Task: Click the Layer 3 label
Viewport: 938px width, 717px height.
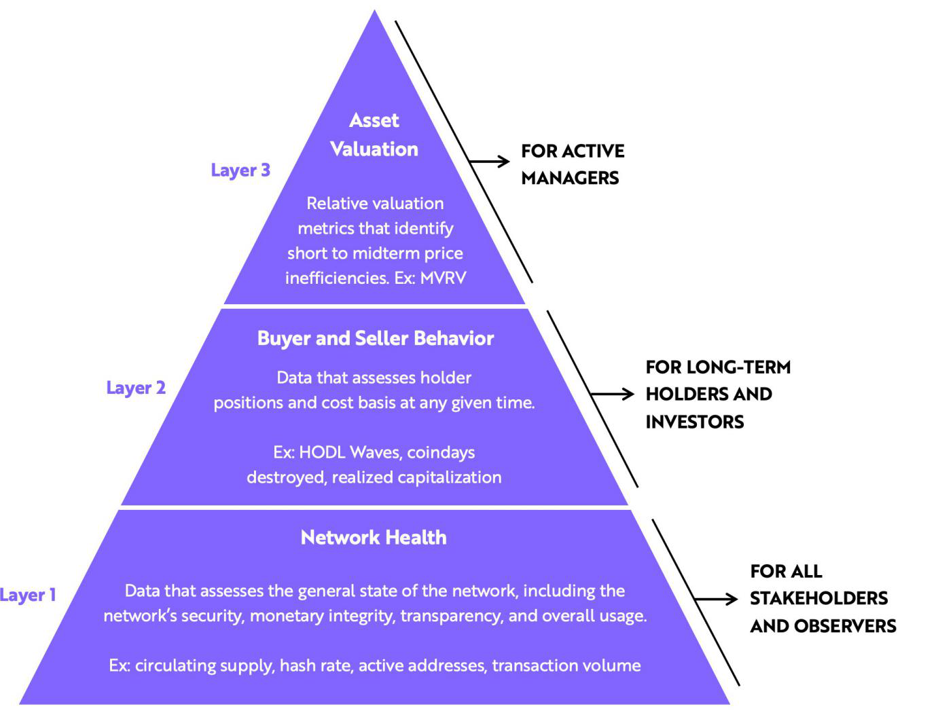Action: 240,170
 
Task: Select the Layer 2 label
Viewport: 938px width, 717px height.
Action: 136,388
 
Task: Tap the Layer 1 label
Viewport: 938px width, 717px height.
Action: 28,595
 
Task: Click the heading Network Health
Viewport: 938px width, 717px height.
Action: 374,538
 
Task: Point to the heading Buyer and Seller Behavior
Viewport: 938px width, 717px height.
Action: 375,338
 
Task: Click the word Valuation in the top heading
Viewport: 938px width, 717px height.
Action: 374,149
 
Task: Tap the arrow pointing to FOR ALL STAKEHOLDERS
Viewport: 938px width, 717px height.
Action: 716,599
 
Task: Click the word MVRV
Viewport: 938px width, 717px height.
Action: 443,278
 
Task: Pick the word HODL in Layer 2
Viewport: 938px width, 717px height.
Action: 323,452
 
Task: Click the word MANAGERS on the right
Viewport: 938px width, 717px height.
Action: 570,178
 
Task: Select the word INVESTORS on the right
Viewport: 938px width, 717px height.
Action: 694,422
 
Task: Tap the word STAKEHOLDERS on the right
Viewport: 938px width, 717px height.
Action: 818,598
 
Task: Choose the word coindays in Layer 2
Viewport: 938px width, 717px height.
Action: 441,452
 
